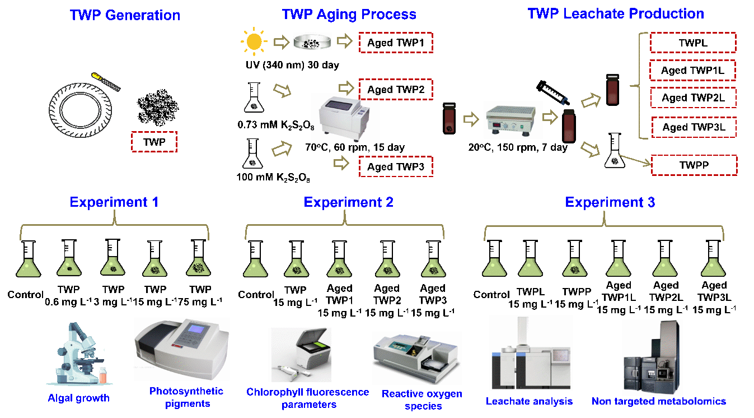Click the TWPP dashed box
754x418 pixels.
coord(694,166)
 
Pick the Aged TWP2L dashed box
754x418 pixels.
coord(694,98)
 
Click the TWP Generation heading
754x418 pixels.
coord(125,15)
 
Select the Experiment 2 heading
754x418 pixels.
coord(348,202)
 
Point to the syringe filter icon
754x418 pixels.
coord(554,94)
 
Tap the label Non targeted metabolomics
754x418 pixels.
coord(658,401)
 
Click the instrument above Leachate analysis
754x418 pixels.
coord(531,354)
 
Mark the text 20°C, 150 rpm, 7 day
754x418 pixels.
coord(518,148)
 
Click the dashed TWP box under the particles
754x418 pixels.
coord(154,142)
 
